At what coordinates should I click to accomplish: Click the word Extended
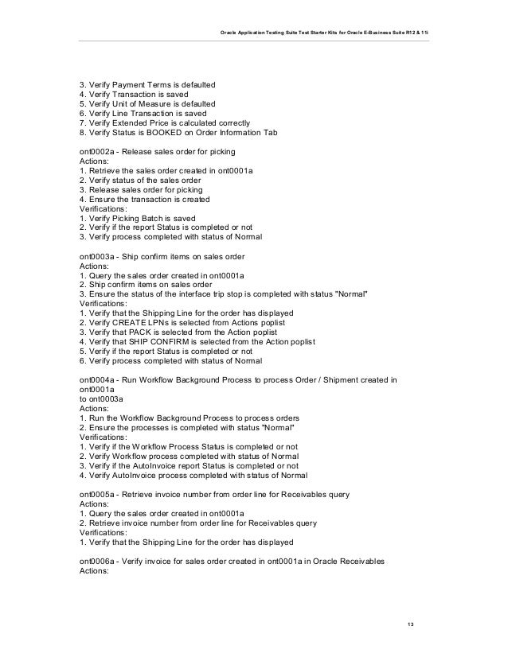137,123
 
